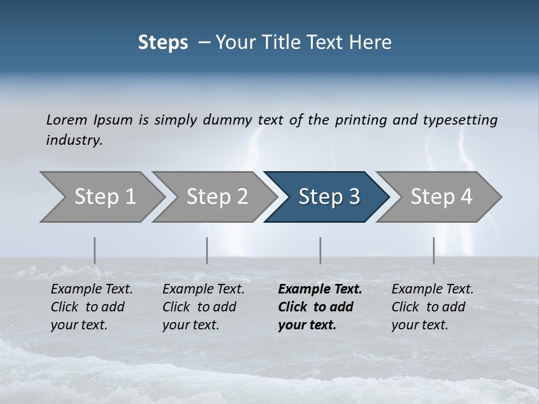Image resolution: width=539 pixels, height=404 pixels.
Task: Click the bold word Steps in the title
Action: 163,43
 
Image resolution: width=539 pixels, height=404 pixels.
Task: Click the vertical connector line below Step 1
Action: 95,250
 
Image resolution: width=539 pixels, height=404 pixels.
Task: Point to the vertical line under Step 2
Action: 207,250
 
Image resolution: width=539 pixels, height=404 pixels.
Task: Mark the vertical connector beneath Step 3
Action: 320,250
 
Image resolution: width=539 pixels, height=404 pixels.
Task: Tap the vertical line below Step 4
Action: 433,250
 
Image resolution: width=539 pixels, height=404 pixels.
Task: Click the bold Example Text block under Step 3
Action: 319,307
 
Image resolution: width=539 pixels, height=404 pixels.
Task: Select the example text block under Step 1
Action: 92,307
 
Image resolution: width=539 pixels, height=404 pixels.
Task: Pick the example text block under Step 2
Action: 203,307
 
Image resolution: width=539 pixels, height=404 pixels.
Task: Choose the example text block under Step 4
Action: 432,307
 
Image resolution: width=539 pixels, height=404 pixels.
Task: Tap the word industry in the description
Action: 74,140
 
